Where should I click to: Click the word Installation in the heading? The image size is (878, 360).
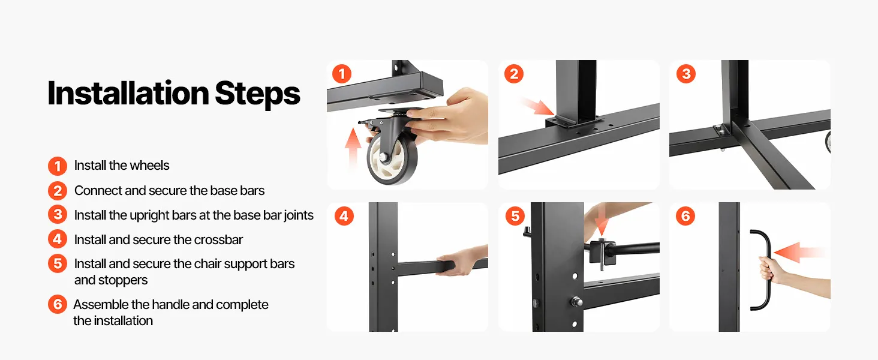(128, 94)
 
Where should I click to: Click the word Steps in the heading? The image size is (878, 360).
(257, 94)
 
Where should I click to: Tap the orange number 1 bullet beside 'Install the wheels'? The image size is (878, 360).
(58, 166)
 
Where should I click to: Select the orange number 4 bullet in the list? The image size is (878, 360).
(58, 239)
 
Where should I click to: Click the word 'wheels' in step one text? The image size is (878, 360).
(149, 166)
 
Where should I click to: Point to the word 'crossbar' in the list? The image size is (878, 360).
(218, 239)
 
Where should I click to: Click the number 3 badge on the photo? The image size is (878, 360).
(686, 74)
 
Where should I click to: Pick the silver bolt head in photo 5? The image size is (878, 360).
(576, 302)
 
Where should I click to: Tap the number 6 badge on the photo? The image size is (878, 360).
(685, 216)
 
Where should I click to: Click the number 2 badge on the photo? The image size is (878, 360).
(514, 74)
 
